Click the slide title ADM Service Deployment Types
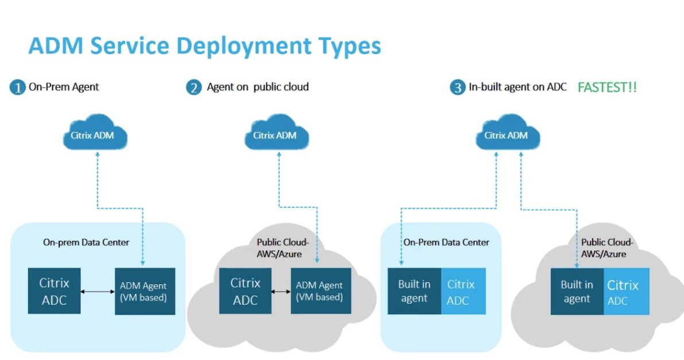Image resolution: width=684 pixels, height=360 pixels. [204, 45]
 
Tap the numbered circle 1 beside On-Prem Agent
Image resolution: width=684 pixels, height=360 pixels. [18, 87]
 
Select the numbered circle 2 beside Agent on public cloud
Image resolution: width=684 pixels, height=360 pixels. [195, 87]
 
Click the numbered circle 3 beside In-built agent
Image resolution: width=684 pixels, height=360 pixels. [457, 88]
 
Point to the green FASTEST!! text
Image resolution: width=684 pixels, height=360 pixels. [607, 87]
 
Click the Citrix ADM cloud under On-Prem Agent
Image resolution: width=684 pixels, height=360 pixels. [95, 136]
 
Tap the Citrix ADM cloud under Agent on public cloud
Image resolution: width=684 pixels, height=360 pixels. [275, 136]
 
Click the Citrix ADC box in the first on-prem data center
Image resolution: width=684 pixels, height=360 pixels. [54, 291]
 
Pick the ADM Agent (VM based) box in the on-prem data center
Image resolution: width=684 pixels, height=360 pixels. [145, 291]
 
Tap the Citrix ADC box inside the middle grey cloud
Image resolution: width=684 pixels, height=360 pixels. [245, 291]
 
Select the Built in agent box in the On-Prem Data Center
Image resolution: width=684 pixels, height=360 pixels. [414, 291]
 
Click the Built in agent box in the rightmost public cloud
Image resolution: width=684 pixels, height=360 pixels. [577, 292]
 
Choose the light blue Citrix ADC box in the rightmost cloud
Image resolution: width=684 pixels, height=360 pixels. [626, 292]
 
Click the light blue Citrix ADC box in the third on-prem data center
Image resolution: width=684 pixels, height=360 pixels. [463, 291]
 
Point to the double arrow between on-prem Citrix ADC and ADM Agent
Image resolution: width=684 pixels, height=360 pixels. [98, 292]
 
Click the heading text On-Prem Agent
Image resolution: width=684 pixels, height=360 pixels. [64, 87]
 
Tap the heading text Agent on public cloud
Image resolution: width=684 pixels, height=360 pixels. [258, 87]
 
